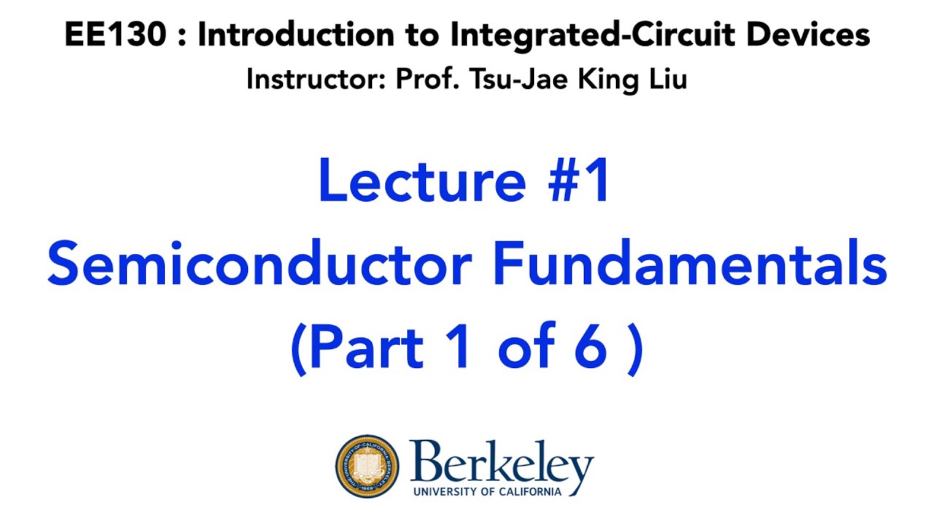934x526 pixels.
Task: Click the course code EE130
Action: click(x=115, y=34)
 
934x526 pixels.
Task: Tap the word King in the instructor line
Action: click(x=598, y=78)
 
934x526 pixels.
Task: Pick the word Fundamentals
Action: click(x=690, y=266)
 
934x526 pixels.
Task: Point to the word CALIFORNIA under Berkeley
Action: click(x=528, y=491)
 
